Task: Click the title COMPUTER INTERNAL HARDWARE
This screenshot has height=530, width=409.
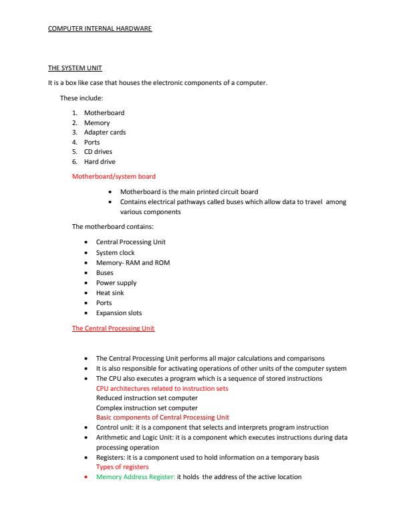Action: (100, 29)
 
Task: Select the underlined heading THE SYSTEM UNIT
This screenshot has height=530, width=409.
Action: (75, 70)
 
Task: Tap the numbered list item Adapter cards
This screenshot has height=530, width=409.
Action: (104, 132)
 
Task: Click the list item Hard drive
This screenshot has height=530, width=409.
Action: (100, 162)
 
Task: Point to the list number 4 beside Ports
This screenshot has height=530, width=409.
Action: (74, 143)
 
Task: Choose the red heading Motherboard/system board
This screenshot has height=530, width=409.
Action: (114, 177)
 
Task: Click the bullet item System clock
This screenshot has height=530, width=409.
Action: (115, 253)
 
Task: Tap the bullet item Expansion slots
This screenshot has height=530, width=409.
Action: (119, 313)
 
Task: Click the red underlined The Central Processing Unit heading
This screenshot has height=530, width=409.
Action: (113, 329)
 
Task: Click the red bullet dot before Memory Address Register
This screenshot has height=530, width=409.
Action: (88, 477)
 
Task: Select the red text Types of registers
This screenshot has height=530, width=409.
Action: (122, 467)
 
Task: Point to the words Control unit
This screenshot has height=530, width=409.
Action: (114, 428)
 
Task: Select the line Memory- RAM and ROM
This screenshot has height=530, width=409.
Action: (133, 263)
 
